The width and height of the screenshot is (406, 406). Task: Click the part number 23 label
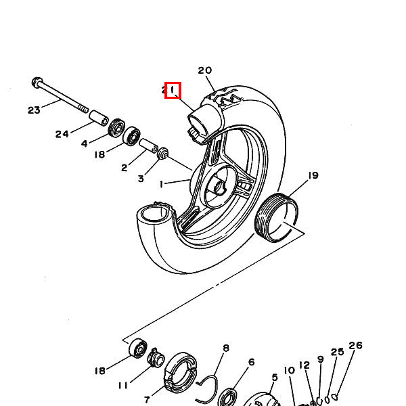(35, 110)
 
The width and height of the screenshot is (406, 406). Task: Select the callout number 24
(62, 134)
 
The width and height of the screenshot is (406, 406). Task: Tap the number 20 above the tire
(205, 70)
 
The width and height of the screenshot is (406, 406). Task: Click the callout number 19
(313, 175)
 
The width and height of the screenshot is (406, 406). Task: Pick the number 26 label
(355, 345)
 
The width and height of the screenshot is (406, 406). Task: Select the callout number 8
(226, 348)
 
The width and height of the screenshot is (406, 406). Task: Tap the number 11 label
(123, 386)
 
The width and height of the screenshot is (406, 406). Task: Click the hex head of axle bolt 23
(37, 83)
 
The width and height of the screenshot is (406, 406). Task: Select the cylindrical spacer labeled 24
(99, 118)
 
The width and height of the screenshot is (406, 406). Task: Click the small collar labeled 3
(163, 153)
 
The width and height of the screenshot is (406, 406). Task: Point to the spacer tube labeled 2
(148, 145)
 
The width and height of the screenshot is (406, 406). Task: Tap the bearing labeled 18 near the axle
(131, 136)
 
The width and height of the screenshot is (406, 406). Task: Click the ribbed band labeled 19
(276, 218)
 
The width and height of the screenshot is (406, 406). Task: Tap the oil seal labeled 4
(116, 128)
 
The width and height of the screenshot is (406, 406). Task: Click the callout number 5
(275, 378)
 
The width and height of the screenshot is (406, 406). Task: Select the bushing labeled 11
(156, 358)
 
